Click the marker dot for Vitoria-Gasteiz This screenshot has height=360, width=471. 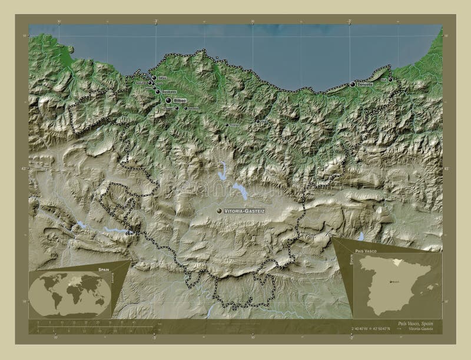(x=219, y=210)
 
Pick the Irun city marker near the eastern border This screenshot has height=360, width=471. (x=390, y=79)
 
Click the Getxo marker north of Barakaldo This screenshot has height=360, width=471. (x=154, y=78)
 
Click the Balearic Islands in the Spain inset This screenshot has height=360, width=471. (x=432, y=286)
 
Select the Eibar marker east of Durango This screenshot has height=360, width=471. (x=257, y=122)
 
